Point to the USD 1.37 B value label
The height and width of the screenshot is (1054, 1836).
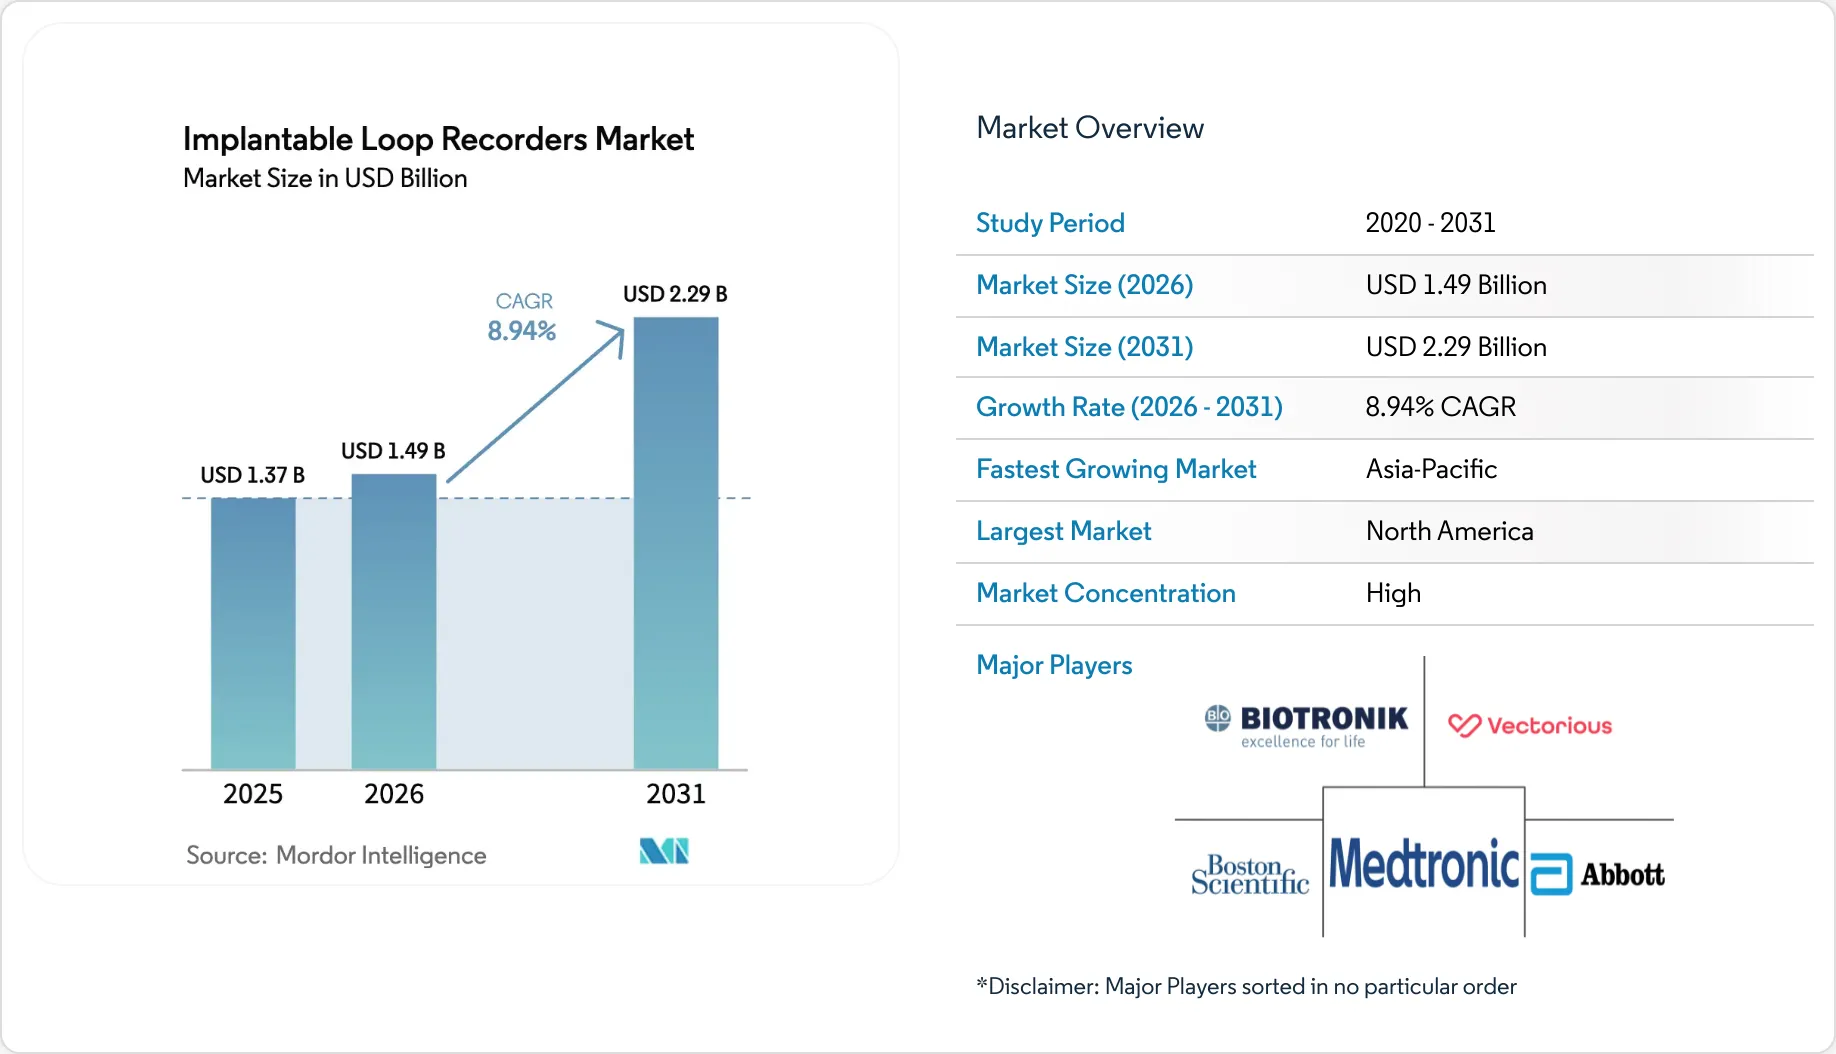pyautogui.click(x=252, y=475)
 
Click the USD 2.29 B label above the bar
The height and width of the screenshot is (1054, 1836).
pyautogui.click(x=675, y=294)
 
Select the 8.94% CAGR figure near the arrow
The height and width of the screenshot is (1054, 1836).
pyautogui.click(x=521, y=331)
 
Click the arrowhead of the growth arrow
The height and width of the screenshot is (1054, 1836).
pyautogui.click(x=614, y=333)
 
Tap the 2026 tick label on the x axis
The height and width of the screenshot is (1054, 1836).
pyautogui.click(x=394, y=794)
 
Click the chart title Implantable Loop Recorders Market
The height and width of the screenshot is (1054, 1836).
pyautogui.click(x=438, y=139)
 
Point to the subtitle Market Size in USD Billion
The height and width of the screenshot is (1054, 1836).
pyautogui.click(x=325, y=178)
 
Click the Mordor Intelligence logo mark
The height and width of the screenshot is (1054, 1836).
pyautogui.click(x=664, y=851)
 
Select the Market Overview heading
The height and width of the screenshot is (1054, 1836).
pyautogui.click(x=1090, y=128)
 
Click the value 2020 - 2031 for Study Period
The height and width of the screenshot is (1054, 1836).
pyautogui.click(x=1430, y=223)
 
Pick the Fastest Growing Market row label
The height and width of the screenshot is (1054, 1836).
pyautogui.click(x=1116, y=469)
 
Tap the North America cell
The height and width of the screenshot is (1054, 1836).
pyautogui.click(x=1449, y=531)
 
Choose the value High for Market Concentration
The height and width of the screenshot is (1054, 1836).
pyautogui.click(x=1393, y=593)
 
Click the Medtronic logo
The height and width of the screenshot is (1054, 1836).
pyautogui.click(x=1424, y=864)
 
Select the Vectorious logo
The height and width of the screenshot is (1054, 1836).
pyautogui.click(x=1530, y=726)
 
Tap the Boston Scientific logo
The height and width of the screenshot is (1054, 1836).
pyautogui.click(x=1250, y=875)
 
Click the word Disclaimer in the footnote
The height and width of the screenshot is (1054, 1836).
pyautogui.click(x=1043, y=987)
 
